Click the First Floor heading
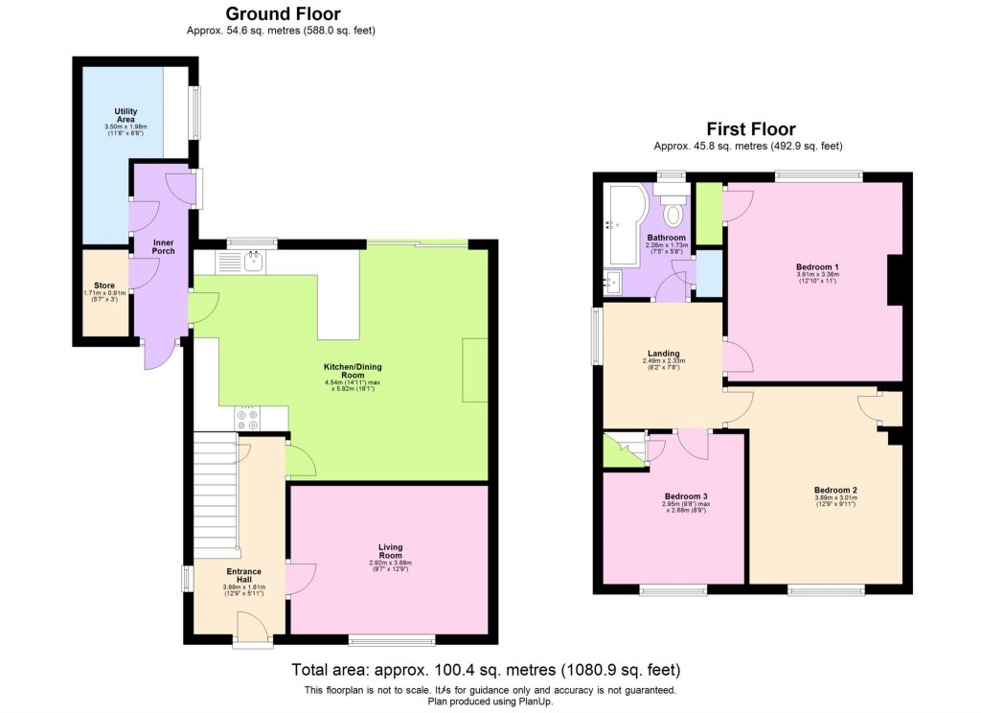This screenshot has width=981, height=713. pyautogui.click(x=751, y=129)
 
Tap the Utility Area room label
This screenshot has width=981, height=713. pyautogui.click(x=125, y=117)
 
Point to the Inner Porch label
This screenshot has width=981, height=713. pyautogui.click(x=164, y=246)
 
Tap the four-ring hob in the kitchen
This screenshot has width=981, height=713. pyautogui.click(x=247, y=419)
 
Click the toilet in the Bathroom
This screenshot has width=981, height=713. pyautogui.click(x=674, y=210)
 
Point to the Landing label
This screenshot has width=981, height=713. pyautogui.click(x=662, y=354)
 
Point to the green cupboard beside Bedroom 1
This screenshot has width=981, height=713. pyautogui.click(x=709, y=214)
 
